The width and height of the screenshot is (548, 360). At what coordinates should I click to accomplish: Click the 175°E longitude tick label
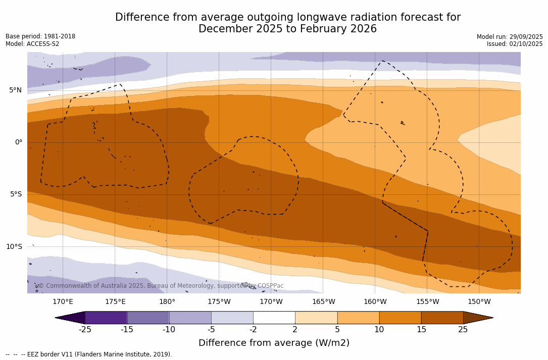(115, 302)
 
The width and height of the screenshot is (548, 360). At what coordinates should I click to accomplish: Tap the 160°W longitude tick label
(375, 302)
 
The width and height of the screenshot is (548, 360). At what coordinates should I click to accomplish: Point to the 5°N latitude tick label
(15, 90)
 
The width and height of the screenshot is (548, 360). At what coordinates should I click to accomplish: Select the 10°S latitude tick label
(14, 246)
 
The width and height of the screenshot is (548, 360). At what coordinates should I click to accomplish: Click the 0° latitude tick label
(19, 142)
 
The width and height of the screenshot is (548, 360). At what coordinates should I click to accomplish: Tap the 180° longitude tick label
(167, 302)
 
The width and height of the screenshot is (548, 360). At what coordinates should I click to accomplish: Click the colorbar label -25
(85, 330)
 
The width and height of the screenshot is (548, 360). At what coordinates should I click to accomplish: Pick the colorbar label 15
(421, 330)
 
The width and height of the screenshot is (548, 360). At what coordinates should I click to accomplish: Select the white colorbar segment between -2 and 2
(274, 318)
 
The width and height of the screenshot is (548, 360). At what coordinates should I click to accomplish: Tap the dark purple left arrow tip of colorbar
(70, 318)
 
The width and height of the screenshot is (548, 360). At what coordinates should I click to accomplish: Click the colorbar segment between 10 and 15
(400, 318)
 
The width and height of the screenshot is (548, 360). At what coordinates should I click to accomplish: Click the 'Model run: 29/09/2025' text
(510, 37)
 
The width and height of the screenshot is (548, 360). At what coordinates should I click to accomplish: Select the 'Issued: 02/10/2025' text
(515, 44)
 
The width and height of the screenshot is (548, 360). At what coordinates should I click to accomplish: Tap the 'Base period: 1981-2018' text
(40, 36)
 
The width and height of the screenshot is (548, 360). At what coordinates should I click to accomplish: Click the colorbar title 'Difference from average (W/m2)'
(274, 343)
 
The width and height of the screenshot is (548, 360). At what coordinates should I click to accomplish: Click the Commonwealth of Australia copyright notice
(161, 286)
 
